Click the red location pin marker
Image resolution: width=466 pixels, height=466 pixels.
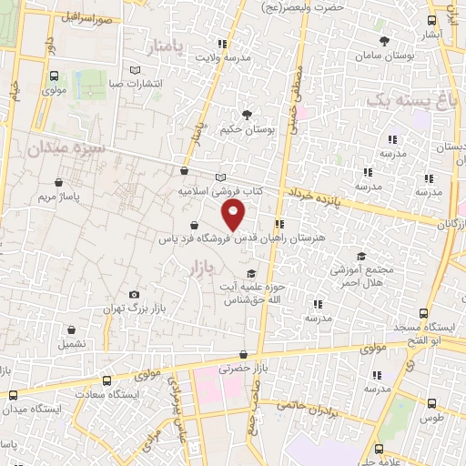(x=234, y=216)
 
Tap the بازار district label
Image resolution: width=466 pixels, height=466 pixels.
(x=205, y=268)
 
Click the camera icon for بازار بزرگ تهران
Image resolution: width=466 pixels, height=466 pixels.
(x=135, y=294)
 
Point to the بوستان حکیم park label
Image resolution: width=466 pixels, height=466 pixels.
(x=248, y=130)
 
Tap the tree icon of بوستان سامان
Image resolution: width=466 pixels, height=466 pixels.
(x=385, y=40)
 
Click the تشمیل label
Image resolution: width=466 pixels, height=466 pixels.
(x=74, y=345)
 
